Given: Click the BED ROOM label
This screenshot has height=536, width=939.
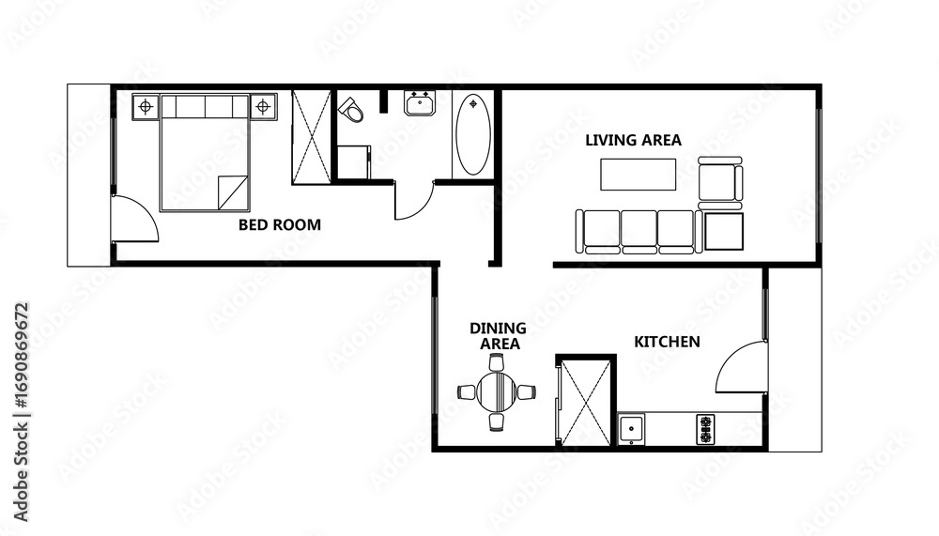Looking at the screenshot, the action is click(x=280, y=224).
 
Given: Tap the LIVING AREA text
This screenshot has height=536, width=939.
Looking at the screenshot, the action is click(x=633, y=140).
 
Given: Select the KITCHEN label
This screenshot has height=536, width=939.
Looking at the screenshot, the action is click(x=667, y=342).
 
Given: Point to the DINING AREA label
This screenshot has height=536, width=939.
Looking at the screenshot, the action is click(x=498, y=336).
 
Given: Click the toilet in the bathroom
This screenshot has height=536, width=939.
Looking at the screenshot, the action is click(x=351, y=110).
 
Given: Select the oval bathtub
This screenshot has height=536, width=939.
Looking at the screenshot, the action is click(x=473, y=134).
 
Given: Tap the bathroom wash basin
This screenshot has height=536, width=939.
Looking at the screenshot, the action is click(x=421, y=103).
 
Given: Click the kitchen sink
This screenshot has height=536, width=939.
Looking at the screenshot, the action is click(x=631, y=429).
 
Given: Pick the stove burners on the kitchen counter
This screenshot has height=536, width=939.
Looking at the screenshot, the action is click(x=705, y=429).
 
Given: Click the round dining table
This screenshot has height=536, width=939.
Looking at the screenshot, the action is click(x=497, y=392).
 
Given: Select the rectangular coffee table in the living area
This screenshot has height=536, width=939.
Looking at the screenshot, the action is click(x=639, y=175).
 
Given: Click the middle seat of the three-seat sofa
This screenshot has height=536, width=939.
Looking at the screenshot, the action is click(x=639, y=231).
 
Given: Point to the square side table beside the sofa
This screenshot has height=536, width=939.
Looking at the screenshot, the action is click(x=724, y=231).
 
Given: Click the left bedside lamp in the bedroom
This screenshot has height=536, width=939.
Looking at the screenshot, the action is click(x=145, y=107).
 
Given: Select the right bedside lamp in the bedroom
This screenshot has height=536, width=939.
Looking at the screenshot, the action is click(x=262, y=107).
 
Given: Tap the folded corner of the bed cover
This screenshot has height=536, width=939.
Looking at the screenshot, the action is click(x=233, y=192).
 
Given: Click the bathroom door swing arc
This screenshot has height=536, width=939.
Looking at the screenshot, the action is click(x=422, y=206).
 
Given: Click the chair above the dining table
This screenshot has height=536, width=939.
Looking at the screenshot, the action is click(x=496, y=363).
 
